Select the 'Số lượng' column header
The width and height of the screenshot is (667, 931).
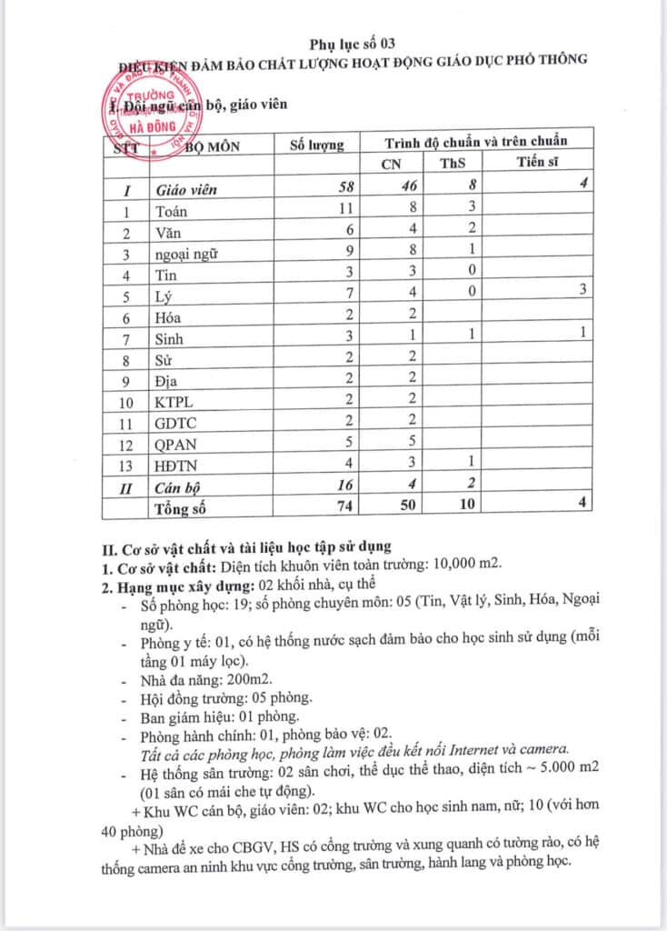[x=316, y=144]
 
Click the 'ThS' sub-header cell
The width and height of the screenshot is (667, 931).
[x=452, y=164]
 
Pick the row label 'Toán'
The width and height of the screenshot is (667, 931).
[x=173, y=212]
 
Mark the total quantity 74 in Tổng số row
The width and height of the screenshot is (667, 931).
[x=344, y=506]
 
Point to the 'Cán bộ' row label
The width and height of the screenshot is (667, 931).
[x=178, y=486]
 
